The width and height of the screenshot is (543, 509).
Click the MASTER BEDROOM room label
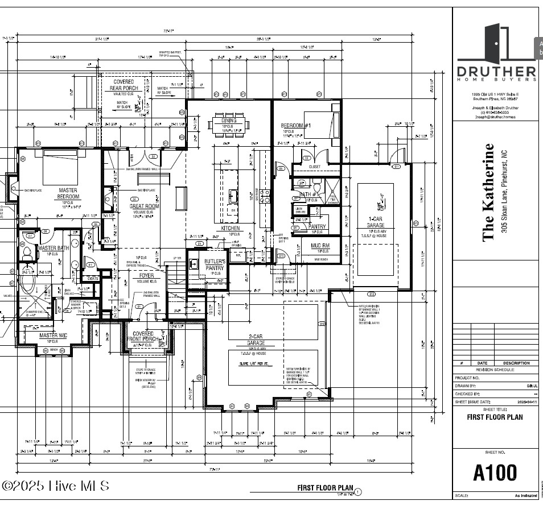[68, 193]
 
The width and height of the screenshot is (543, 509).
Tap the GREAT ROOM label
[145, 206]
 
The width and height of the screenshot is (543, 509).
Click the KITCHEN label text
[230, 228]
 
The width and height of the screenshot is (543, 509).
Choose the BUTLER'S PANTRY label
[215, 264]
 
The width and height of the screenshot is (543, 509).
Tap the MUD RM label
[319, 246]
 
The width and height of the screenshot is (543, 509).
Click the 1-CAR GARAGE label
[375, 222]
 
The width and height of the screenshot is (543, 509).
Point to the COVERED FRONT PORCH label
[142, 337]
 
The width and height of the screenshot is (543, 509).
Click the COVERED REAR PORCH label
[124, 85]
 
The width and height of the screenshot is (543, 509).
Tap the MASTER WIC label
[53, 336]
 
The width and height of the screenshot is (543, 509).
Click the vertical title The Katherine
[488, 192]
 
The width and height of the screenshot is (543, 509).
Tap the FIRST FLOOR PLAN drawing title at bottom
[325, 487]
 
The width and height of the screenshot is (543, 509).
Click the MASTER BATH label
[53, 248]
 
